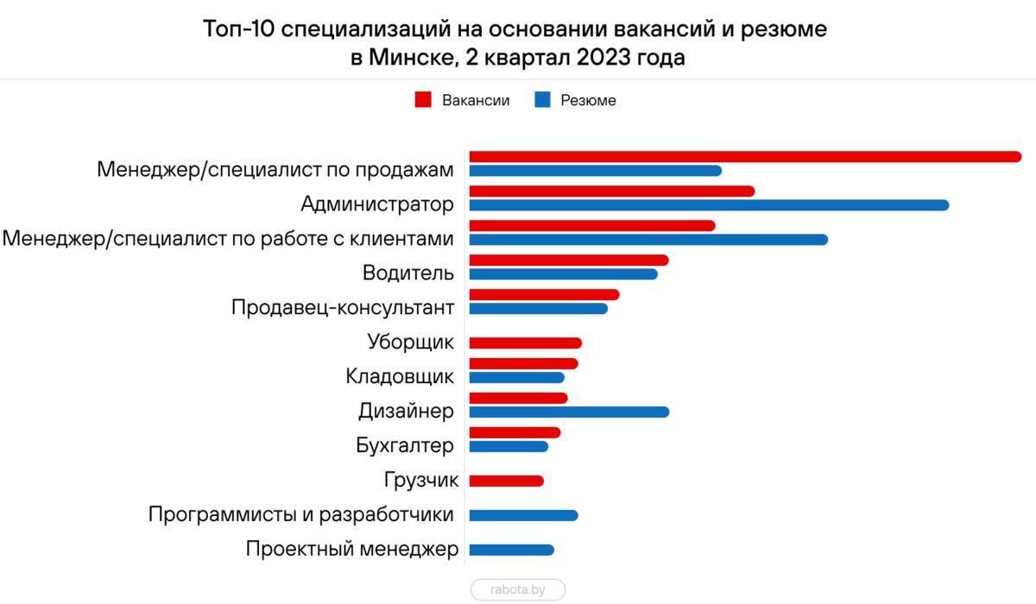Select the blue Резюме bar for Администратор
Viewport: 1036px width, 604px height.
[708, 205]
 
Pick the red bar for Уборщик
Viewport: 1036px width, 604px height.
[525, 343]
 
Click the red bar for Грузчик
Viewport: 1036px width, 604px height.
[506, 481]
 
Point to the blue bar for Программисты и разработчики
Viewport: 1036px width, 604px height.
[522, 516]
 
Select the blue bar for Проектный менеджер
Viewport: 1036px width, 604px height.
[510, 551]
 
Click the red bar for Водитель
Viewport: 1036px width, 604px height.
[568, 261]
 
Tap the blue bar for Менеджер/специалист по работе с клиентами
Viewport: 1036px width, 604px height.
[647, 240]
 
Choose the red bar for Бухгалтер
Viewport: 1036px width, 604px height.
[514, 433]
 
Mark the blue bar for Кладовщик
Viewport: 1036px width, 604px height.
[515, 378]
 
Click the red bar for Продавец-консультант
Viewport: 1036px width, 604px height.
[543, 295]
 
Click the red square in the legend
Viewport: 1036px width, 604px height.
[423, 100]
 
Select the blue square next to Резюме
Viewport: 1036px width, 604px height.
[542, 100]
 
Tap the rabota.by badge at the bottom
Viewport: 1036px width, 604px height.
[518, 589]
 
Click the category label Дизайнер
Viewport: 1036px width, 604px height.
[406, 412]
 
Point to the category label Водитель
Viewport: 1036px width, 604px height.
[408, 274]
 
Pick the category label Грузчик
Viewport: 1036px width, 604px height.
[420, 481]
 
